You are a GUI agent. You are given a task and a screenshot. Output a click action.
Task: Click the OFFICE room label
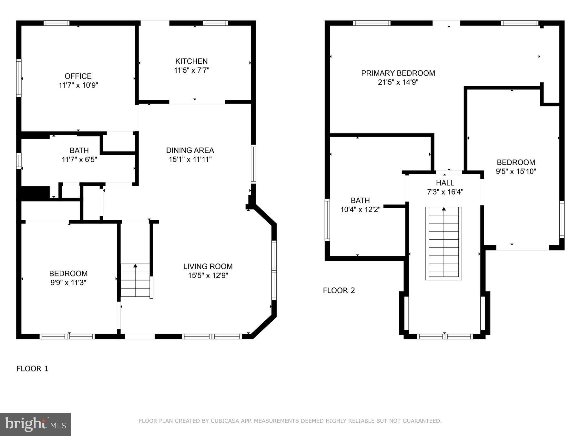(78, 76)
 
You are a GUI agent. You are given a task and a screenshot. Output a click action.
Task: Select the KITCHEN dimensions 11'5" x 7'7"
(192, 70)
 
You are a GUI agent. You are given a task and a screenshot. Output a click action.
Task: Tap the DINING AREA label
(190, 150)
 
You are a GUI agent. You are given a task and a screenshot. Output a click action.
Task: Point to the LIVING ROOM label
(208, 266)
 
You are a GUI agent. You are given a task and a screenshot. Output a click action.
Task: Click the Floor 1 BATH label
(79, 151)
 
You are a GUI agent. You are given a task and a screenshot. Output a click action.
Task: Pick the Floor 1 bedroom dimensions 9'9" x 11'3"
(68, 283)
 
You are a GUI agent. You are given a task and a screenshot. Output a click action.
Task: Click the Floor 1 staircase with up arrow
(135, 280)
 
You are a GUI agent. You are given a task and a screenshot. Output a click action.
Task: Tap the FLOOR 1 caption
(32, 369)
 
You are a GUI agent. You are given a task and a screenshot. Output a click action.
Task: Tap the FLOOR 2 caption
(339, 290)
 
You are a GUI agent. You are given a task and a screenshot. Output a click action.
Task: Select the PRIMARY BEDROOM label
(398, 73)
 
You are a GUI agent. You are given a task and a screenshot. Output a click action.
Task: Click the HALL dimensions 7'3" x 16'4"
(445, 192)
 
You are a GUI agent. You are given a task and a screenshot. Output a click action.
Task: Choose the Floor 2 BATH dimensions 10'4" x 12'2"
(360, 209)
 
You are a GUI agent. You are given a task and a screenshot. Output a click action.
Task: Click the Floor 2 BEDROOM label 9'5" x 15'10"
(516, 162)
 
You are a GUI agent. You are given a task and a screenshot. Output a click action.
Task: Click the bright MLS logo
(35, 424)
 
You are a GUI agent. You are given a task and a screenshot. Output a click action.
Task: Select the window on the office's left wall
(19, 78)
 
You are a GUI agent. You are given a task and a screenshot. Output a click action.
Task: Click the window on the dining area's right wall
(253, 164)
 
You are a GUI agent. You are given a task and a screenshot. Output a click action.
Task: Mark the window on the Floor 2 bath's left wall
(327, 220)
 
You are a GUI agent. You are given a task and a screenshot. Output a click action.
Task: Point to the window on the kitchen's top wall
(215, 23)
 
